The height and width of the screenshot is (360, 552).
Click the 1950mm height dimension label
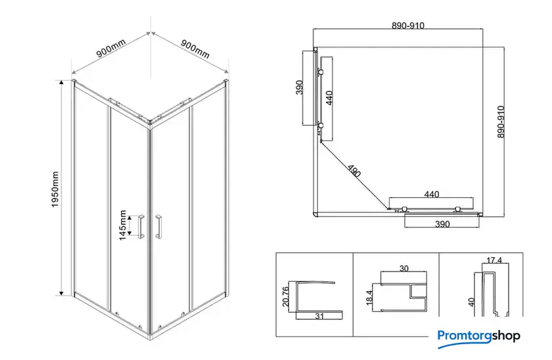pyautogui.click(x=55, y=189)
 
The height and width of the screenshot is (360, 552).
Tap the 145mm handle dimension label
pyautogui.click(x=122, y=225)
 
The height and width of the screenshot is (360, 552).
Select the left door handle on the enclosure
pyautogui.click(x=141, y=226)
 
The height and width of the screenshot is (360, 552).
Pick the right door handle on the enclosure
pyautogui.click(x=158, y=226)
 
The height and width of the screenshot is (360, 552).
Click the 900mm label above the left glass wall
pyautogui.click(x=111, y=48)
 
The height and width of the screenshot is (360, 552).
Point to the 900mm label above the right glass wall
pyautogui.click(x=195, y=49)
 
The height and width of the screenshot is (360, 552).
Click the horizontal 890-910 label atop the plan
pyautogui.click(x=408, y=26)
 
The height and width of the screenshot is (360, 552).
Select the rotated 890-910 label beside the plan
pyautogui.click(x=501, y=122)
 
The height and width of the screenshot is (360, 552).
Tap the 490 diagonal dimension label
pyautogui.click(x=354, y=171)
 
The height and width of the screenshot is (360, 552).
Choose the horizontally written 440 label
pyautogui.click(x=432, y=194)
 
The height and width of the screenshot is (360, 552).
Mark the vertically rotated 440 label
pyautogui.click(x=329, y=98)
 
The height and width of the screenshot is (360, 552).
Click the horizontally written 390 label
pyautogui.click(x=442, y=224)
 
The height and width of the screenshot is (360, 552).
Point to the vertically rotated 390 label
pyautogui.click(x=299, y=87)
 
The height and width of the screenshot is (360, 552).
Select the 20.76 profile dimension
pyautogui.click(x=285, y=296)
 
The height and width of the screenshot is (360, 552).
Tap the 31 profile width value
pyautogui.click(x=319, y=316)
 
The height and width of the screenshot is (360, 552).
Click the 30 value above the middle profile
pyautogui.click(x=403, y=269)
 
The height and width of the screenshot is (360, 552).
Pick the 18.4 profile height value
pyautogui.click(x=369, y=298)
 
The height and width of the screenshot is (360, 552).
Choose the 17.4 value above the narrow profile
pyautogui.click(x=494, y=260)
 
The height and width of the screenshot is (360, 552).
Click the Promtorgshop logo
pyautogui.click(x=479, y=338)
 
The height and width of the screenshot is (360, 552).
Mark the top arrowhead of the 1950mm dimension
pyautogui.click(x=62, y=82)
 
